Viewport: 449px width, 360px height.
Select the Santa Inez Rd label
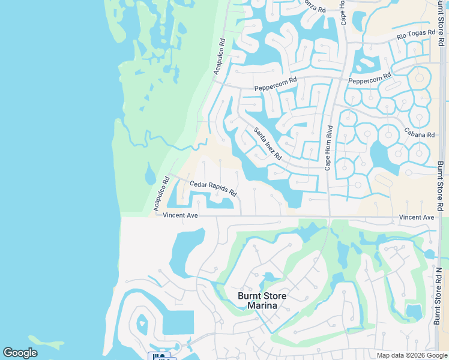click(268, 143)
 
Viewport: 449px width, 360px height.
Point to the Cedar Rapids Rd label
click(213, 189)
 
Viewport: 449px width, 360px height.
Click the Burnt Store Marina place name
click(262, 301)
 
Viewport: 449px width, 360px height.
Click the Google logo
click(20, 353)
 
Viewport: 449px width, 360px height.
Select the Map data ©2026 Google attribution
click(411, 355)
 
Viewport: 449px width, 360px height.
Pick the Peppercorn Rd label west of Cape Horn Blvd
click(276, 84)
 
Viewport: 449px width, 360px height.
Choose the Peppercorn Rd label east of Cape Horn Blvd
click(369, 79)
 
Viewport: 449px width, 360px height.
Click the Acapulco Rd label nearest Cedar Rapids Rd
click(161, 193)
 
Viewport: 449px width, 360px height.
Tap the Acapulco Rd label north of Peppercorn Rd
click(219, 57)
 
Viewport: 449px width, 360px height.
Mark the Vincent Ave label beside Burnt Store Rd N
click(416, 217)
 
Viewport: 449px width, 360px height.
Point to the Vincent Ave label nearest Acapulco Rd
click(180, 215)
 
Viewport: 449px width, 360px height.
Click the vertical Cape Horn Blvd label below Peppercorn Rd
click(328, 148)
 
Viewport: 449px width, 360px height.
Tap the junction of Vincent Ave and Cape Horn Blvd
click(329, 216)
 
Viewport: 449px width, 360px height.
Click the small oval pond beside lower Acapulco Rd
click(150, 176)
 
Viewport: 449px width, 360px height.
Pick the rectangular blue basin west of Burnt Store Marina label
click(178, 322)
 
